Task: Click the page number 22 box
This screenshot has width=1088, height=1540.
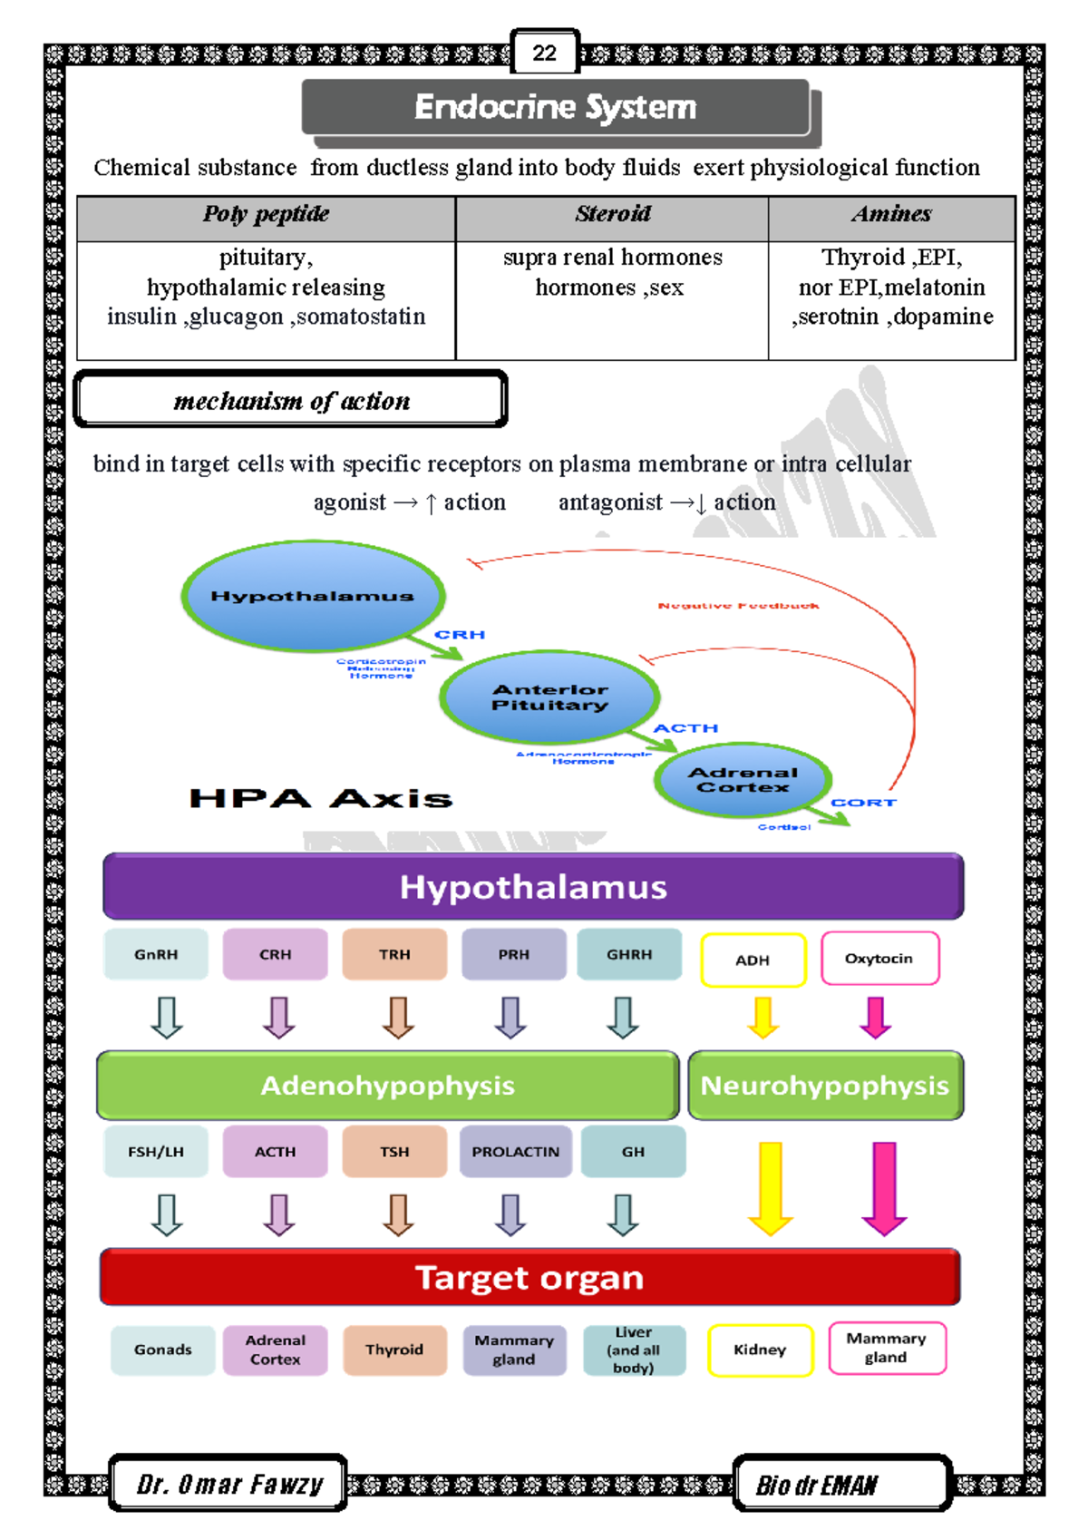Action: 544,53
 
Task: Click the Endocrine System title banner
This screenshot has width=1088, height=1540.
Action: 555,108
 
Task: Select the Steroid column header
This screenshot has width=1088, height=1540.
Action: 612,215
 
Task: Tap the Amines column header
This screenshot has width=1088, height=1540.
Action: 891,215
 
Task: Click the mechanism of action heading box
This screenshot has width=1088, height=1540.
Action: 290,400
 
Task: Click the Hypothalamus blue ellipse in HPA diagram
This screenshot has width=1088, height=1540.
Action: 313,596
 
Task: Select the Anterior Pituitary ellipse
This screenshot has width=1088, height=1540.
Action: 549,697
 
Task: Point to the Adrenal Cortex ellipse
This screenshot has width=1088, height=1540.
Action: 742,779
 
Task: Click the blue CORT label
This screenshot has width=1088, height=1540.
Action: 862,803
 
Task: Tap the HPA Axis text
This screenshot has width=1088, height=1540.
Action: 320,799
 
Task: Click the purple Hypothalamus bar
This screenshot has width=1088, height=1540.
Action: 533,887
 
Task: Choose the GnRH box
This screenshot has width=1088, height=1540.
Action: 156,954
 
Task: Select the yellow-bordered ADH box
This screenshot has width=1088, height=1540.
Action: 753,960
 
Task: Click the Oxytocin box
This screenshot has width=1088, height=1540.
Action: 879,959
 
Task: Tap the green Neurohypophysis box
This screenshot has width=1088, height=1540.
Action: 825,1086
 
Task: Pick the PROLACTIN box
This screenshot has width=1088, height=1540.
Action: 515,1152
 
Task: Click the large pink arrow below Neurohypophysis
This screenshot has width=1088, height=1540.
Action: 884,1188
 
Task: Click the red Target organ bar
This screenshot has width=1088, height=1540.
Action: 529,1278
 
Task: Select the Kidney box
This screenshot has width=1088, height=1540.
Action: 760,1350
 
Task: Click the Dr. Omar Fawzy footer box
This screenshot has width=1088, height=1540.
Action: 228,1484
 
